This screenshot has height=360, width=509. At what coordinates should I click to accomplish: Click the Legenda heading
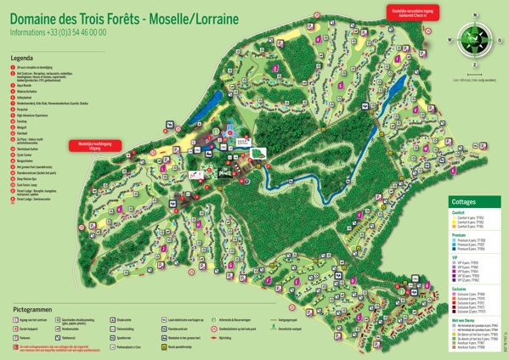coord(22,59)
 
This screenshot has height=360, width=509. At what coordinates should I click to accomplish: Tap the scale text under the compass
coord(473,80)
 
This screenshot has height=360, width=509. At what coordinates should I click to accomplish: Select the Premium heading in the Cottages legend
coord(460,235)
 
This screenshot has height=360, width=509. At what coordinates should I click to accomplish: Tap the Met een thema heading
coord(464,319)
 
